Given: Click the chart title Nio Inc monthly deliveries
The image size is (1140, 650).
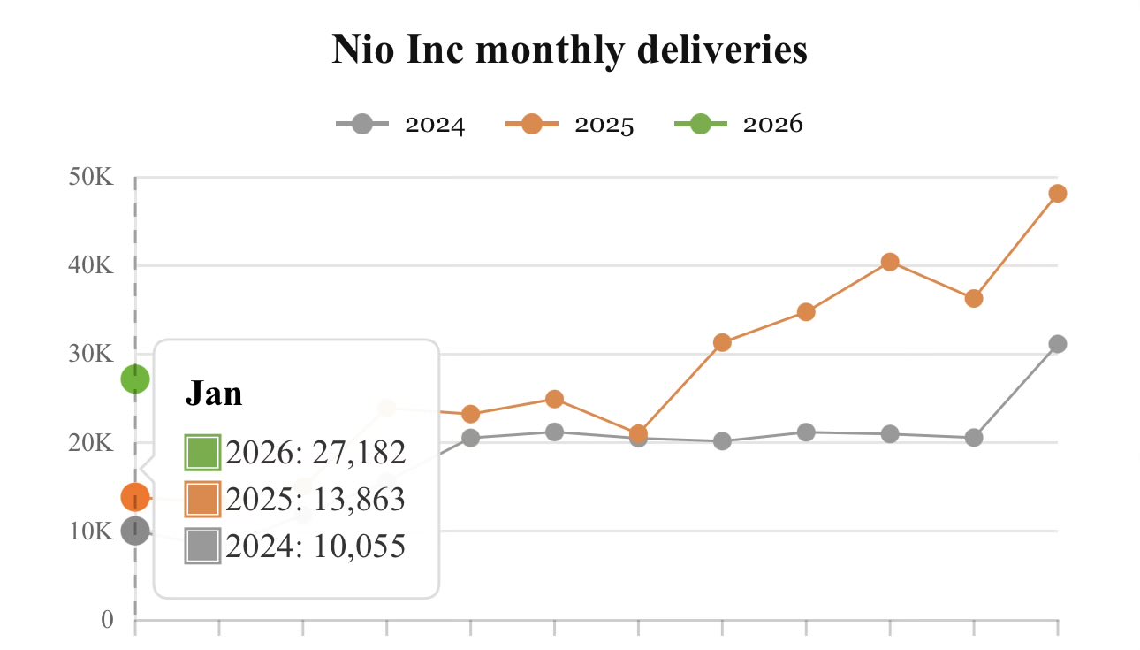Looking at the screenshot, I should tap(569, 50).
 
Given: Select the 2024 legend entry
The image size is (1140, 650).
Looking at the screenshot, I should tap(400, 125).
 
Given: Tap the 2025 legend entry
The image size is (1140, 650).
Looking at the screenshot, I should tap(570, 125).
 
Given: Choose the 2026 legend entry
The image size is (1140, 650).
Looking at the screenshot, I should tap(739, 125).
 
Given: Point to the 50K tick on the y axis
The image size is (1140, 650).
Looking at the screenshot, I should tap(91, 178).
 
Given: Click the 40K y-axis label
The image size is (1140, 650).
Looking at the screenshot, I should tap(91, 265).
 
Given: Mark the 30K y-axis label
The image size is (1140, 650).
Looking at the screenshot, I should tap(91, 354).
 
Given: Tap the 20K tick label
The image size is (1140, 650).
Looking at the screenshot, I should tap(91, 442).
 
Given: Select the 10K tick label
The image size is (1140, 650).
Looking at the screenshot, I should tap(91, 531).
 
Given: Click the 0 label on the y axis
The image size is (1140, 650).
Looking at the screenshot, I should tap(108, 620).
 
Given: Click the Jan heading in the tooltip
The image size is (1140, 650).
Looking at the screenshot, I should tap(214, 394).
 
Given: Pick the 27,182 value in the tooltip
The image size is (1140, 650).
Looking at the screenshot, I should tap(353, 452).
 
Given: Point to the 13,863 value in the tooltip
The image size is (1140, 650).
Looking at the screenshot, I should tap(353, 500).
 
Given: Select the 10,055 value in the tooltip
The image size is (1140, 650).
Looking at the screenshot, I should tap(353, 547).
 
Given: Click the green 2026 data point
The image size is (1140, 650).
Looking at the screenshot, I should tap(135, 379).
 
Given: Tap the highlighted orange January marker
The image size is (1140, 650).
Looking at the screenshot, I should tap(135, 497).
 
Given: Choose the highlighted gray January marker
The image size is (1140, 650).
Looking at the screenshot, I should tap(135, 531).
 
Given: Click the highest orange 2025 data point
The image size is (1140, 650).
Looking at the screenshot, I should tap(1058, 194).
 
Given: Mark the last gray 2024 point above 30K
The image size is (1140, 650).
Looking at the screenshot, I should tap(1058, 344).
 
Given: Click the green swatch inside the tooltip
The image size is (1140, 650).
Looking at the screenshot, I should tap(202, 453).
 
